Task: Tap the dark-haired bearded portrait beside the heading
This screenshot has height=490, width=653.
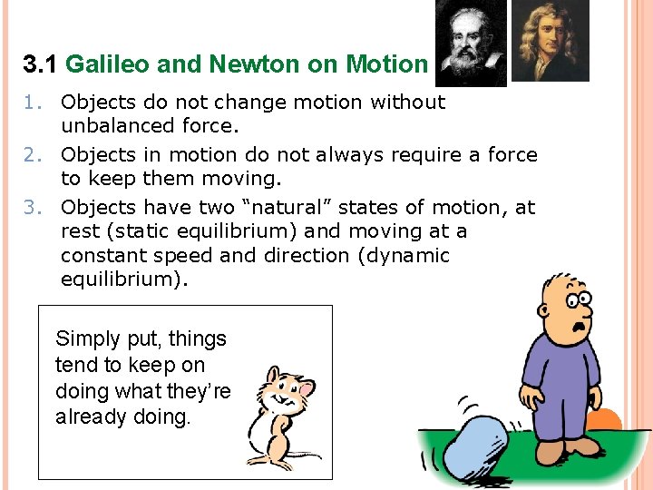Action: click(471, 42)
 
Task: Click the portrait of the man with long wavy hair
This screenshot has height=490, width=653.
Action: click(550, 41)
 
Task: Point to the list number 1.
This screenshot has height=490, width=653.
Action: click(33, 103)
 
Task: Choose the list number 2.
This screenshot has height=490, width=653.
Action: click(33, 155)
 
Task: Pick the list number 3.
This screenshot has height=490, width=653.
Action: click(33, 208)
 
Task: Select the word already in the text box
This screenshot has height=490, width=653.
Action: click(89, 418)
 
